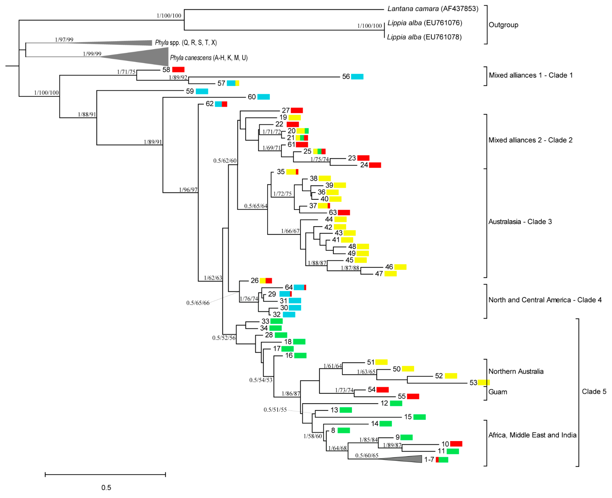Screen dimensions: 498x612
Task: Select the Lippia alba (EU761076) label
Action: [425, 23]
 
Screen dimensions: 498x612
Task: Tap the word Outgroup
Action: [503, 25]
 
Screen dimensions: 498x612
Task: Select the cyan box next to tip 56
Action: [357, 77]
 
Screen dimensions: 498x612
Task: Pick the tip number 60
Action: [251, 97]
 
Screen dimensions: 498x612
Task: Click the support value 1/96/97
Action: [188, 190]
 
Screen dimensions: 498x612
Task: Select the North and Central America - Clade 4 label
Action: [544, 300]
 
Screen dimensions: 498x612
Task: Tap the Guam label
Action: [498, 392]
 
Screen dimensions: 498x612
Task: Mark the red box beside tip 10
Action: [456, 444]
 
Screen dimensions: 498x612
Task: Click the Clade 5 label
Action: [594, 392]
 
